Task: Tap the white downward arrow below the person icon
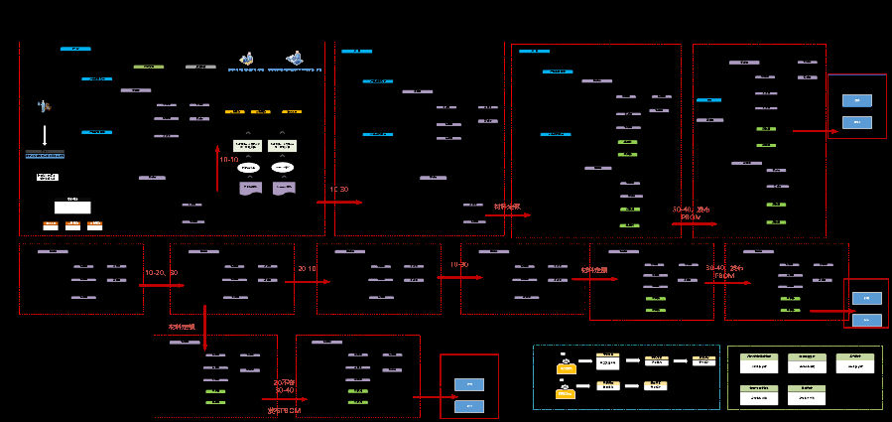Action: [x=44, y=133]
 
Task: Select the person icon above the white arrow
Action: [x=44, y=105]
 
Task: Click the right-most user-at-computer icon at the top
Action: [x=295, y=59]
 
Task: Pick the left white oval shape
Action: [x=249, y=168]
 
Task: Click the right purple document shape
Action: [x=283, y=188]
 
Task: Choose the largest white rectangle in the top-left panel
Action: [x=72, y=207]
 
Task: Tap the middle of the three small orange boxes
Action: [x=72, y=225]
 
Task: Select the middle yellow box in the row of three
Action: [x=263, y=112]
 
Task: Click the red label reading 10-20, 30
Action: [x=161, y=273]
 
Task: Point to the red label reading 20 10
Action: [x=307, y=269]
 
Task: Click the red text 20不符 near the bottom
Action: [x=285, y=381]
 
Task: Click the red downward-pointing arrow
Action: [x=204, y=338]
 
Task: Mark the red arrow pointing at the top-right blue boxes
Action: [x=816, y=130]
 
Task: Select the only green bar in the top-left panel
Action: [x=148, y=67]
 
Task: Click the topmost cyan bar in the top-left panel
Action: [x=75, y=48]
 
